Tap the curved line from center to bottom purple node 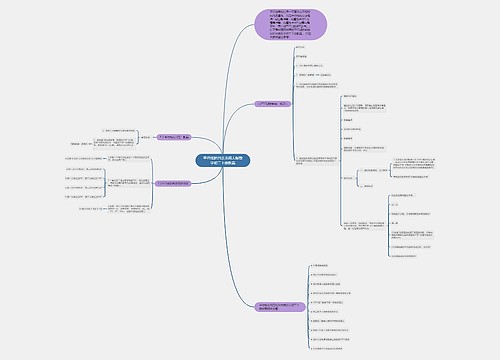[x=240, y=240]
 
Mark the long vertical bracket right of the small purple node [x=293, y=150]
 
